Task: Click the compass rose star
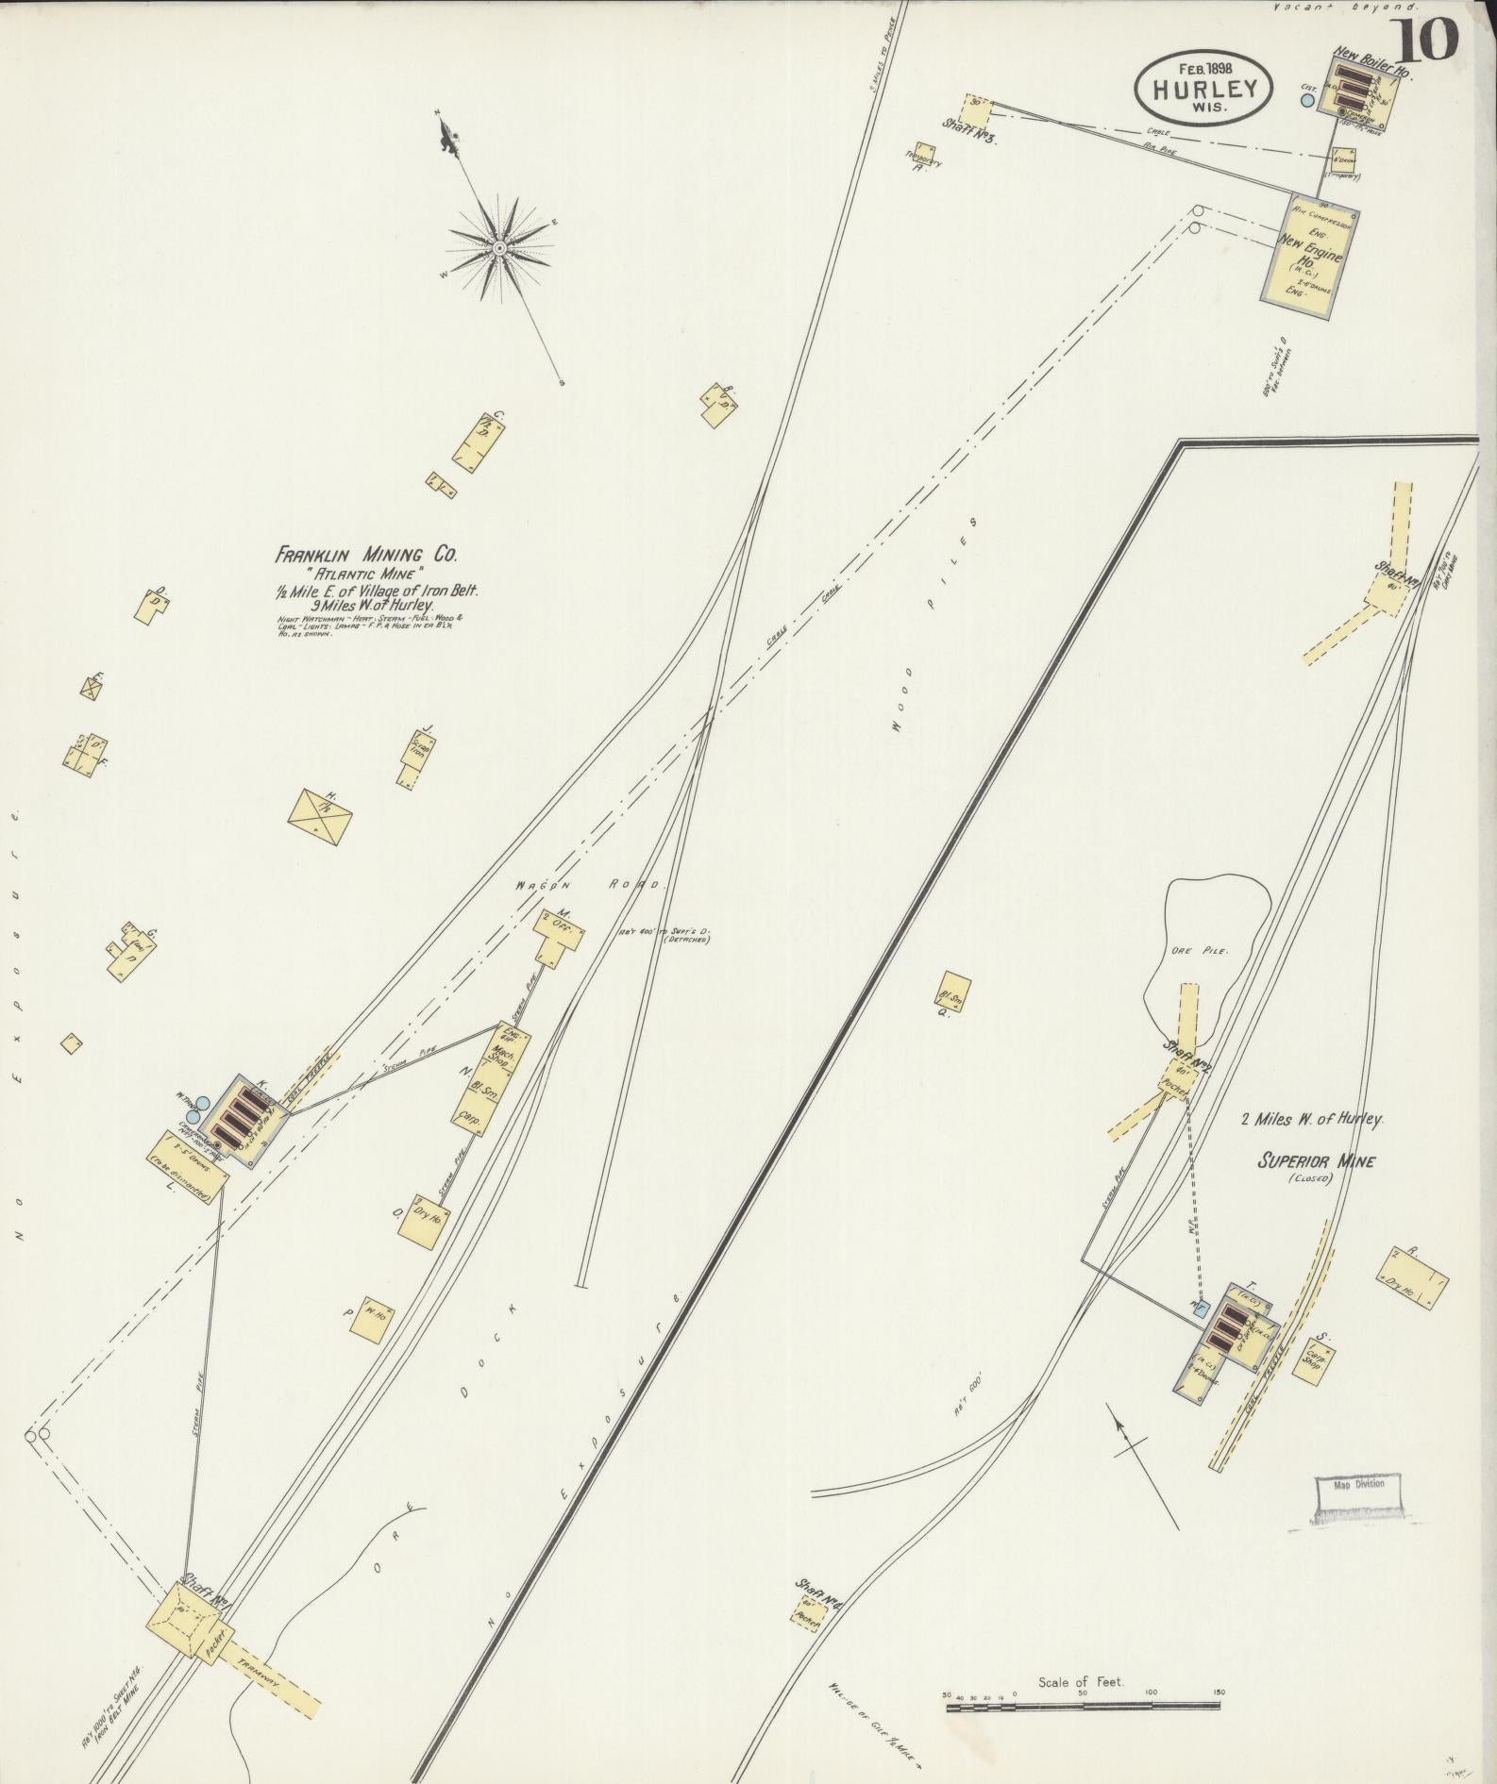click(498, 248)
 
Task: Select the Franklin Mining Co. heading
click(367, 556)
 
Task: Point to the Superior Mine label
click(1315, 1161)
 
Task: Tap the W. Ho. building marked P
click(371, 1316)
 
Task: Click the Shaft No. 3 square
click(979, 111)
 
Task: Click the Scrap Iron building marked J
click(416, 760)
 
